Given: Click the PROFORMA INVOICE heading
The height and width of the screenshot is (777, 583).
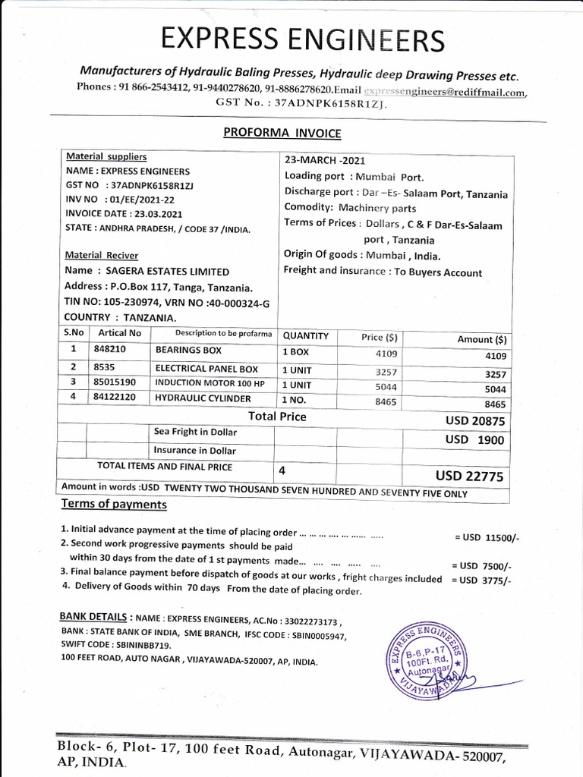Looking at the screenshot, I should [x=282, y=134].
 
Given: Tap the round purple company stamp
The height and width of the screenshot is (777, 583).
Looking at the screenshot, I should [x=430, y=647].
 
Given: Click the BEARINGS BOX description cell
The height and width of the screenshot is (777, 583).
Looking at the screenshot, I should [x=188, y=351].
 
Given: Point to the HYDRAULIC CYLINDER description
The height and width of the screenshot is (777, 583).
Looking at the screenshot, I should [x=203, y=398].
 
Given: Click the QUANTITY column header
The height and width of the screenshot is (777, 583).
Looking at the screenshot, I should [x=306, y=335].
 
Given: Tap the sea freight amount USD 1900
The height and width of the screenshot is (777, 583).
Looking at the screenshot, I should [x=475, y=439].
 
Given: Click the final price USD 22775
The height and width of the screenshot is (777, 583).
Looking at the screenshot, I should [x=470, y=476].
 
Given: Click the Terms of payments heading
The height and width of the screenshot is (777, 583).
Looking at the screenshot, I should [x=113, y=505].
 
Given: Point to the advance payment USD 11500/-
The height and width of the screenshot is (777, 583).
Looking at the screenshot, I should [x=487, y=537].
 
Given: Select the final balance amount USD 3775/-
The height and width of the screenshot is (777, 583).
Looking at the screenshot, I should [x=481, y=580].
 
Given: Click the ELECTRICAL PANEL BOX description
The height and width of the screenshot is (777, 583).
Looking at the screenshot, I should [x=206, y=368].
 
